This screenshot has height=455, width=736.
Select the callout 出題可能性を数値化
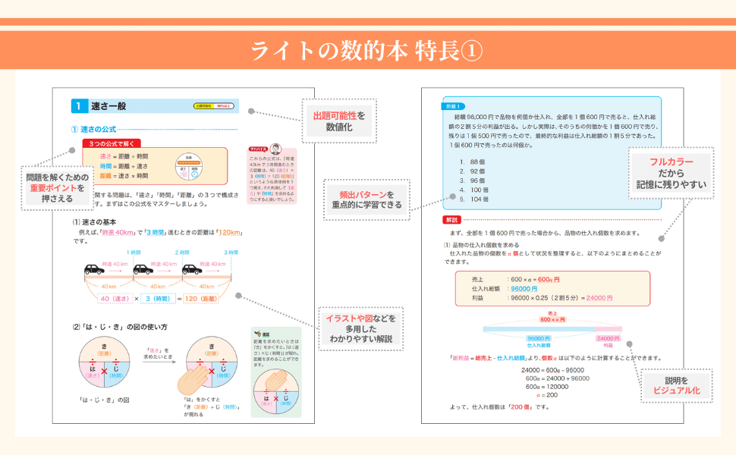coord(339,122)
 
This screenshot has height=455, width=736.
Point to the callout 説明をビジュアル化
coord(676,384)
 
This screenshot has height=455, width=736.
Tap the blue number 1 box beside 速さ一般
coord(78,106)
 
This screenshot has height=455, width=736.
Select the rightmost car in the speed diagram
coord(194,269)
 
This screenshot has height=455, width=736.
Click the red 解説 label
coord(451,220)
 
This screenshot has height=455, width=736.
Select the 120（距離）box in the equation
coord(211,299)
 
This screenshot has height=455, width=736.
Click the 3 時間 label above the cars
coord(231,252)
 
